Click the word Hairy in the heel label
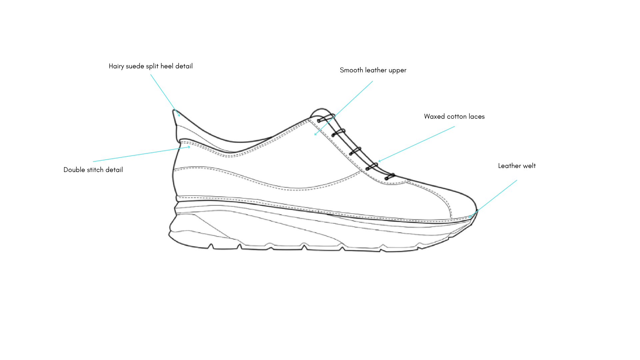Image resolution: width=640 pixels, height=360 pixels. tap(116, 66)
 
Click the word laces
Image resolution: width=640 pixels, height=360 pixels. tap(477, 117)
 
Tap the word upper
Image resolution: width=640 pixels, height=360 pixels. tap(397, 71)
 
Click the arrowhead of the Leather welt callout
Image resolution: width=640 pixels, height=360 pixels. tap(469, 217)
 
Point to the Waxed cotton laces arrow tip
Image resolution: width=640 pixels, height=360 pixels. tap(379, 162)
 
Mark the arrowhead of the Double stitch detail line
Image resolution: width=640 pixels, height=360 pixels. tap(190, 147)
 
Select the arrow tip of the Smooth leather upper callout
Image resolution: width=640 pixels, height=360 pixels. tap(315, 135)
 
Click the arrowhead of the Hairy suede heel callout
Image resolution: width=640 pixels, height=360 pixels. tap(180, 116)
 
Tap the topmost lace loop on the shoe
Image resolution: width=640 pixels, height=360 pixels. tap(326, 118)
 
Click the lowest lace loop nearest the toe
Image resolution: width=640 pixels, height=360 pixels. tap(390, 177)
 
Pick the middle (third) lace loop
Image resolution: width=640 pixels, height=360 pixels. tap(355, 151)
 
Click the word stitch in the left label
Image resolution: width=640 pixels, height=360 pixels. tap(96, 170)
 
